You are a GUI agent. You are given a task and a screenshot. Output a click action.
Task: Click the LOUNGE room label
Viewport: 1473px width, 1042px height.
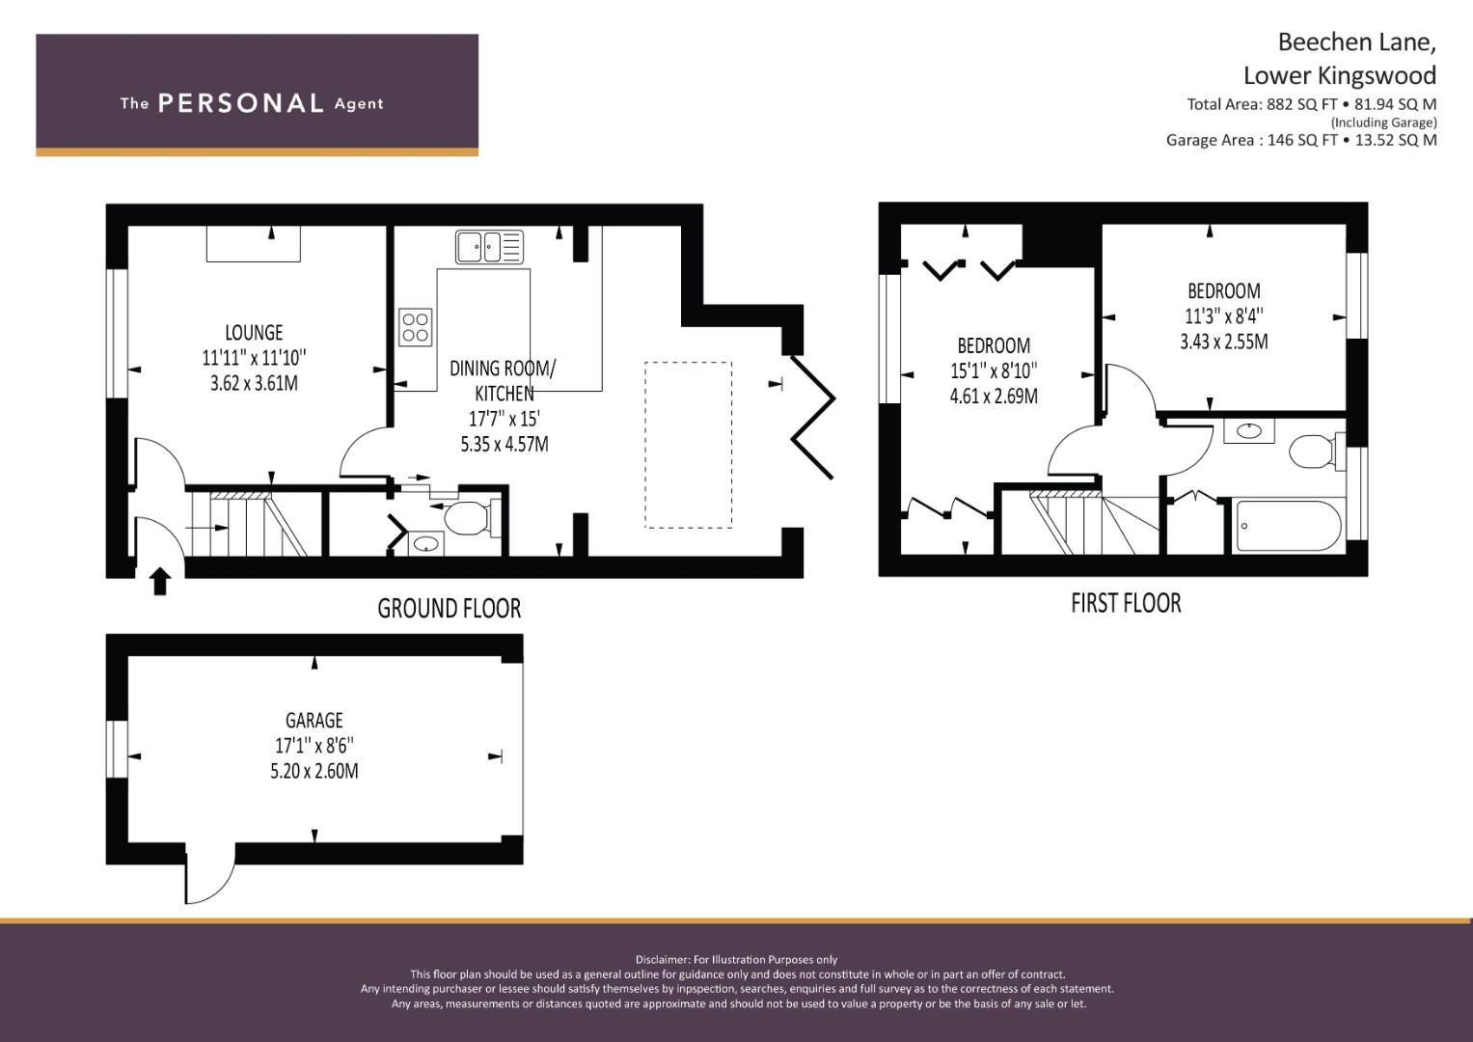coord(254,332)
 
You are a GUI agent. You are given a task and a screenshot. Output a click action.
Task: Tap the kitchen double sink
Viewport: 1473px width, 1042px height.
coord(489,247)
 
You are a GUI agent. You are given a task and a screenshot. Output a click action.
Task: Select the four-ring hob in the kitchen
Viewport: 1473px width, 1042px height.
coord(416,327)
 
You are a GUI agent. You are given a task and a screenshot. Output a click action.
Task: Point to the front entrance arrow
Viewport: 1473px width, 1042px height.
coord(160,582)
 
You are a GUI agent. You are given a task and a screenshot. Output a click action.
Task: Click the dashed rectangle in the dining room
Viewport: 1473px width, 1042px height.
coord(688,445)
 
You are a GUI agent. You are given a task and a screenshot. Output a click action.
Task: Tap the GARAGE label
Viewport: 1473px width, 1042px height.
coord(314,721)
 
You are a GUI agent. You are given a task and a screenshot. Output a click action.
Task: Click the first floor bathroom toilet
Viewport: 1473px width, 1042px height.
coord(1316,452)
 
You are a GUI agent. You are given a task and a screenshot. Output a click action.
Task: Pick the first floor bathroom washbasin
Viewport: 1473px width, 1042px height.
coord(1249,431)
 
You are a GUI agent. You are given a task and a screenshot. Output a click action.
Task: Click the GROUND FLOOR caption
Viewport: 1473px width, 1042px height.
coord(450,609)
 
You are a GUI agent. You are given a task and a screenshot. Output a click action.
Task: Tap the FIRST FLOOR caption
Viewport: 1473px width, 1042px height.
coord(1126,603)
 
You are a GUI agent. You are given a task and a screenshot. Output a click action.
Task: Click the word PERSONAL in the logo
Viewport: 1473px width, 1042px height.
coord(241,103)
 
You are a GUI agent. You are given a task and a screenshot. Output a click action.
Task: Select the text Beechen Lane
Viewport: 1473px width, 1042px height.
coord(1356,42)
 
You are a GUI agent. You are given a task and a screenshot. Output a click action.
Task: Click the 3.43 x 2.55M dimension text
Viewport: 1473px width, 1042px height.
coord(1224,343)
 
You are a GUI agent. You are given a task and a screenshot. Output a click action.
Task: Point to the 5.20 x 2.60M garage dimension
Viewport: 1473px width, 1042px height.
coord(314,771)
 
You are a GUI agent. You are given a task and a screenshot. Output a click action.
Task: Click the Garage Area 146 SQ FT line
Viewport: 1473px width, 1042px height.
coord(1301,140)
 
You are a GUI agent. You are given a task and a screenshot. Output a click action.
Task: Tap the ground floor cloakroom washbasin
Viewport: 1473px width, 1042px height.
coord(425,544)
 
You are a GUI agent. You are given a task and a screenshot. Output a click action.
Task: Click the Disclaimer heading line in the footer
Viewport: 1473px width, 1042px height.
coord(737,960)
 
